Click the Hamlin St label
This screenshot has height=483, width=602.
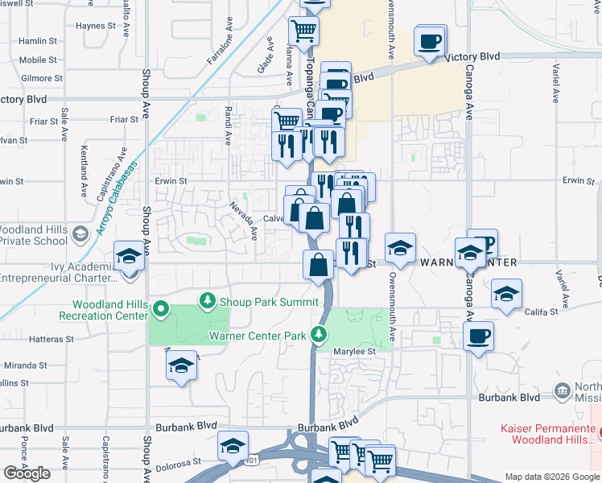pos(37,40)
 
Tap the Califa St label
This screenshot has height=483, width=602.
pos(540,312)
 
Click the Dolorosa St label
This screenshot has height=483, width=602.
pos(179,462)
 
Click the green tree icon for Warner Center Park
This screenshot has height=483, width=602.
pos(320,333)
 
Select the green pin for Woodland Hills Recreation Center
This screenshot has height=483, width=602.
pos(161,308)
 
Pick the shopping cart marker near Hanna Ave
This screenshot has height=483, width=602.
pos(304,32)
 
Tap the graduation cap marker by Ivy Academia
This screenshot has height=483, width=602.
pos(129,258)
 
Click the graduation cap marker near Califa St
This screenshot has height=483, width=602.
pos(506,294)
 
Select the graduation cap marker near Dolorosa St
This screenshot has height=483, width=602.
pos(233,446)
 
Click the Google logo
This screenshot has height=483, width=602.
pos(27,473)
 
